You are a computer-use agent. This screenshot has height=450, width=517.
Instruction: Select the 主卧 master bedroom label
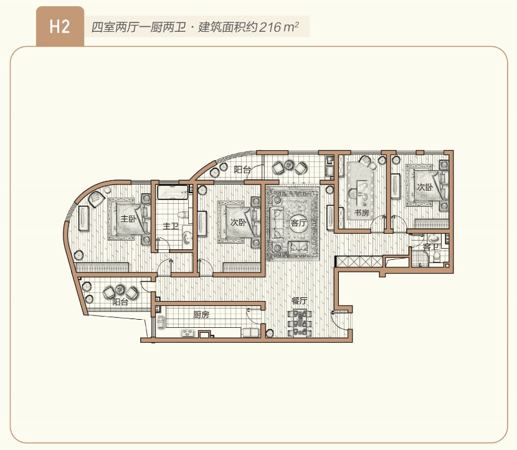128,219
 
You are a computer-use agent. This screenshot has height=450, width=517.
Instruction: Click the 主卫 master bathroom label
171,226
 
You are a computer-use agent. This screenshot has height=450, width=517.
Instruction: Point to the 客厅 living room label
298,223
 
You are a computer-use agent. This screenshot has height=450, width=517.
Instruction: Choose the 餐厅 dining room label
299,300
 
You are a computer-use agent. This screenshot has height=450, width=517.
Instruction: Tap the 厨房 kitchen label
201,315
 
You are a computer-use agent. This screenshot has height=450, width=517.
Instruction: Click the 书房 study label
362,213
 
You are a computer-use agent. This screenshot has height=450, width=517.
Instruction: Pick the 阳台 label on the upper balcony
242,169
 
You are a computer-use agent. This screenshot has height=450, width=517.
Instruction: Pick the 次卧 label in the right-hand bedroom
425,186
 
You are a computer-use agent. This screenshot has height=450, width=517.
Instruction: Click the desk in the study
359,187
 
